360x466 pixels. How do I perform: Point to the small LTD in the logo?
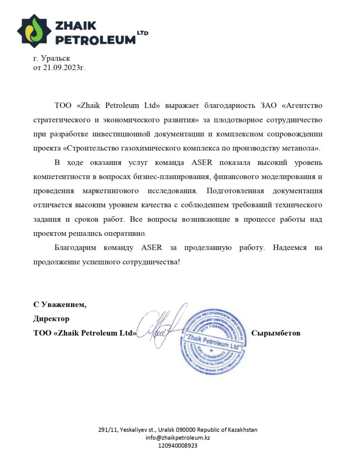click(142, 33)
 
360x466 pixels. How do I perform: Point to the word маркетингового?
click(111, 191)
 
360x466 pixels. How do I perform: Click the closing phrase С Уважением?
click(60, 305)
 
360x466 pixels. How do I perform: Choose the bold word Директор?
click(51, 319)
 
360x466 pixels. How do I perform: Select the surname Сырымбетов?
click(276, 333)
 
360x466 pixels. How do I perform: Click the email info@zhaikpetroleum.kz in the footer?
click(177, 437)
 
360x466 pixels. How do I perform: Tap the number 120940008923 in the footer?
click(177, 446)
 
